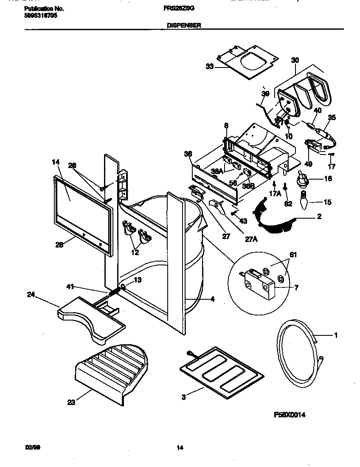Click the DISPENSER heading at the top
[183, 25]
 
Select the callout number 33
[209, 66]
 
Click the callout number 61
[293, 255]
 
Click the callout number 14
[56, 162]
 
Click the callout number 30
[295, 60]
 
